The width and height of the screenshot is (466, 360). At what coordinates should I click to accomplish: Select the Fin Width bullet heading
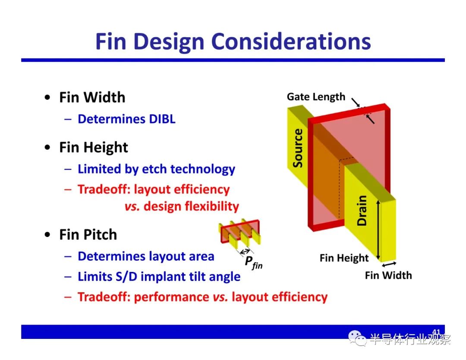pyautogui.click(x=92, y=98)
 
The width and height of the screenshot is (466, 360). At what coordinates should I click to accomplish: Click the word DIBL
pyautogui.click(x=162, y=119)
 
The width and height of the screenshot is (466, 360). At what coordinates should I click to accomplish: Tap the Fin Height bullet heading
pyautogui.click(x=94, y=148)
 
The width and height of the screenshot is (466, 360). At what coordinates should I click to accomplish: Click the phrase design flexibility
pyautogui.click(x=191, y=206)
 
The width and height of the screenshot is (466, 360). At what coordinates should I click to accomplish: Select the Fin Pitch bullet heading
pyautogui.click(x=88, y=234)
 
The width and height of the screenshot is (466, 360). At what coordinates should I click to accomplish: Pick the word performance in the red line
pyautogui.click(x=171, y=297)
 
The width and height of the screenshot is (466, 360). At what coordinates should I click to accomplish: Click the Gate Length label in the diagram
pyautogui.click(x=316, y=97)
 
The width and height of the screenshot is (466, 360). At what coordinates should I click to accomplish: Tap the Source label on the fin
pyautogui.click(x=297, y=148)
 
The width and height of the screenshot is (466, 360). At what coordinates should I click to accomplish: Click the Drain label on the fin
pyautogui.click(x=362, y=211)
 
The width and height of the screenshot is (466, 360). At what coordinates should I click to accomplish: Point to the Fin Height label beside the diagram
pyautogui.click(x=344, y=258)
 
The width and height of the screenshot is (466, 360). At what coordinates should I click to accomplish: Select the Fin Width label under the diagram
pyautogui.click(x=388, y=275)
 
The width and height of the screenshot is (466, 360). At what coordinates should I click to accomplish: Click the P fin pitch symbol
pyautogui.click(x=254, y=262)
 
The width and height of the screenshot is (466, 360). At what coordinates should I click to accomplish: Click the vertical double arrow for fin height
pyautogui.click(x=378, y=230)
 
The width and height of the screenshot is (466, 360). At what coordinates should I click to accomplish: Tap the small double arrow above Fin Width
pyautogui.click(x=389, y=264)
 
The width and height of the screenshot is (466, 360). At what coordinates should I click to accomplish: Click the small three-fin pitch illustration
pyautogui.click(x=239, y=234)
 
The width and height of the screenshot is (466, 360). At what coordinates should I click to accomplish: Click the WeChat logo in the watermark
pyautogui.click(x=357, y=338)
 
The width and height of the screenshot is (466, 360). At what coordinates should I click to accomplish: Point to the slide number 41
pyautogui.click(x=436, y=332)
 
